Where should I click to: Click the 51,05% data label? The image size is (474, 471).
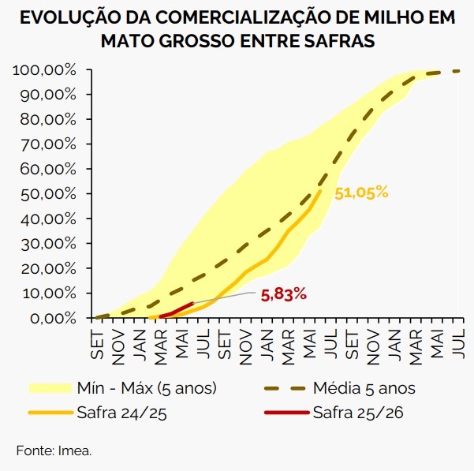361,193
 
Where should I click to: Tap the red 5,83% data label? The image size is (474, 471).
283,294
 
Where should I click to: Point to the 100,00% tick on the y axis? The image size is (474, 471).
45,70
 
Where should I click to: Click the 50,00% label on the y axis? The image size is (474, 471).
48,194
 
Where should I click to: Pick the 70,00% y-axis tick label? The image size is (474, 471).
48,144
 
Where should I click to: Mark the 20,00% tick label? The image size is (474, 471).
48,268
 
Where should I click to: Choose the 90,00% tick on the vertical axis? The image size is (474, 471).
48,95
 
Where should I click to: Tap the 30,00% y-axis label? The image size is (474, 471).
48,244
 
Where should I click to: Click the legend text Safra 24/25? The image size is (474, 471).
122,411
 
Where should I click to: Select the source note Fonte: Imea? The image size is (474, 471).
54,450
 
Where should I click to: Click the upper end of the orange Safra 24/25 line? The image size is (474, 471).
319,191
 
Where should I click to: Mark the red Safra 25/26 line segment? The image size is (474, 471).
177,309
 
